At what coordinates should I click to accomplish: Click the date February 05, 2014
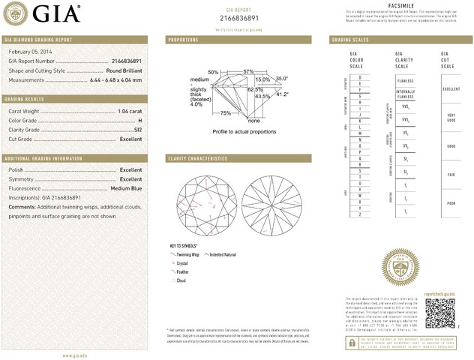point(29,51)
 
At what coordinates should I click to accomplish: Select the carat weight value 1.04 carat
point(130,112)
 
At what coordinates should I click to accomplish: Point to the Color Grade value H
point(139,121)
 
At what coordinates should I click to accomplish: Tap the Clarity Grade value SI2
point(137,130)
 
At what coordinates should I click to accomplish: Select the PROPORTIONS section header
point(183,39)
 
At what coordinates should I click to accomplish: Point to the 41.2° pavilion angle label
point(283,94)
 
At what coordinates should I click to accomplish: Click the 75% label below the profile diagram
point(225,113)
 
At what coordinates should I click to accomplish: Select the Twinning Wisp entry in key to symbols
point(189,255)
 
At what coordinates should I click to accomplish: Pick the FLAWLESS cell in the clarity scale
point(405,81)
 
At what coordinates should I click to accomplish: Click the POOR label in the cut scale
point(451,203)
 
